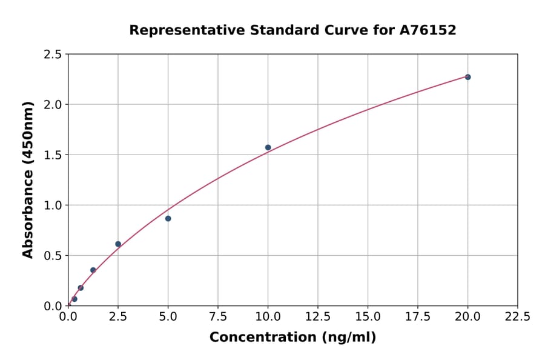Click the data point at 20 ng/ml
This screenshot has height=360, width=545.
click(467, 77)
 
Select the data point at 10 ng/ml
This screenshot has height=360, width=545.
click(268, 147)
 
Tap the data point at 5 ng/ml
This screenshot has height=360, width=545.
click(168, 218)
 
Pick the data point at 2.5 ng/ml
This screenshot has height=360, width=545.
click(118, 244)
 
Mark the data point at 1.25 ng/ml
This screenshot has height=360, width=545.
click(93, 270)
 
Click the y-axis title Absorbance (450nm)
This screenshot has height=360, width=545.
click(28, 179)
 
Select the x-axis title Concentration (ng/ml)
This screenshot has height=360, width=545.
click(292, 338)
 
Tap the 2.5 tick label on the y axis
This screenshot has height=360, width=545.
click(53, 55)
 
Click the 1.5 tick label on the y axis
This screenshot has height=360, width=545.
click(53, 155)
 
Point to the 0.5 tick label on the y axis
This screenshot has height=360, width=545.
click(53, 256)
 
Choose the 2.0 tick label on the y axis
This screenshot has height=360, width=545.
click(53, 105)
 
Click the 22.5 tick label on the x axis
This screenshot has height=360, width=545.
click(518, 317)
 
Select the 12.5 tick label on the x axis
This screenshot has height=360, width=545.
click(318, 317)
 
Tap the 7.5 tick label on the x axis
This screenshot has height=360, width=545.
click(218, 317)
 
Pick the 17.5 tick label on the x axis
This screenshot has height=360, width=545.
click(418, 317)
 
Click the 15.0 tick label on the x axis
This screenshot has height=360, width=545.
click(368, 317)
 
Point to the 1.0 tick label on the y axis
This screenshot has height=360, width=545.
click(53, 205)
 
